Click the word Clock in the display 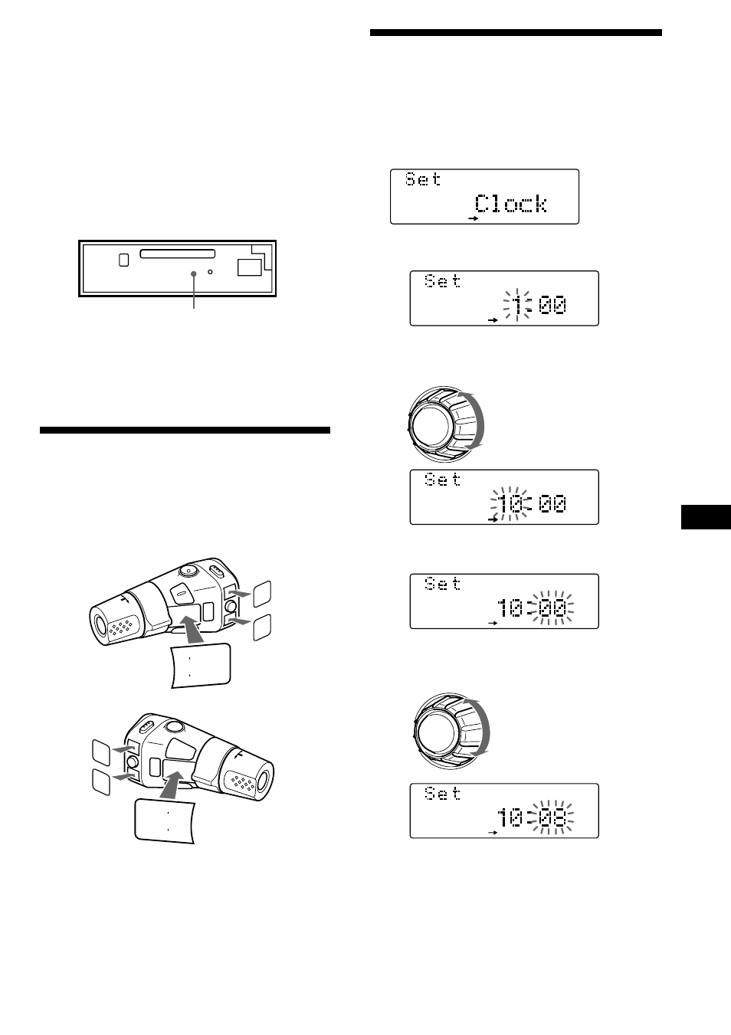510,204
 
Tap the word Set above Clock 423,179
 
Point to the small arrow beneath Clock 474,218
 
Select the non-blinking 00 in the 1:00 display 552,306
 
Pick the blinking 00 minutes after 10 552,608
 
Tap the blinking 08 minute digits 552,818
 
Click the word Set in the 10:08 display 443,794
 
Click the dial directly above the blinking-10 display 446,424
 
